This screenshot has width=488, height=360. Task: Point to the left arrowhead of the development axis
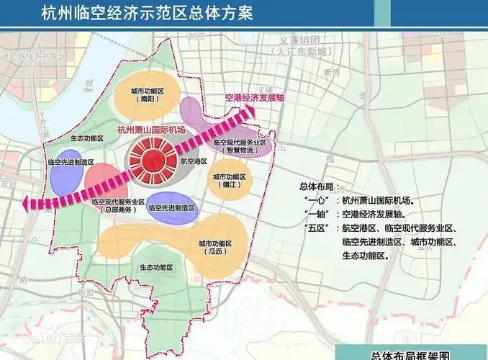[x=27, y=204]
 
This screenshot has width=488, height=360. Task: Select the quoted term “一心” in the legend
[x=315, y=201]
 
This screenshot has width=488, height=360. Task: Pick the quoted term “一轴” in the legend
[x=315, y=215]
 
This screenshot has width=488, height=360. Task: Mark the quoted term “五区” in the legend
[x=315, y=228]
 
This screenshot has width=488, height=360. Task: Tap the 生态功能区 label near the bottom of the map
[x=155, y=267]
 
